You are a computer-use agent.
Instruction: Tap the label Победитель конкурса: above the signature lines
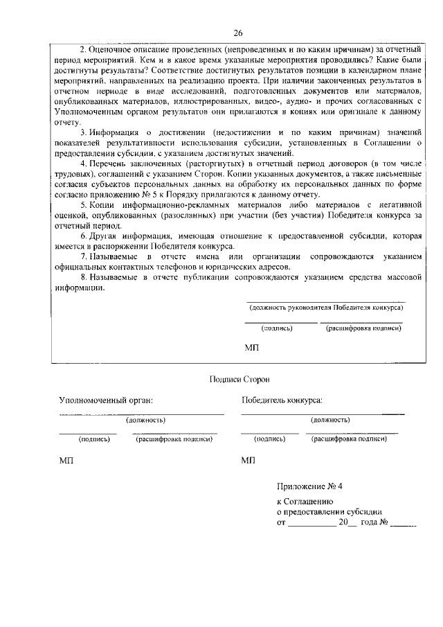(282, 400)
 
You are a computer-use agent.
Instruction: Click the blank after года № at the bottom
(404, 524)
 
